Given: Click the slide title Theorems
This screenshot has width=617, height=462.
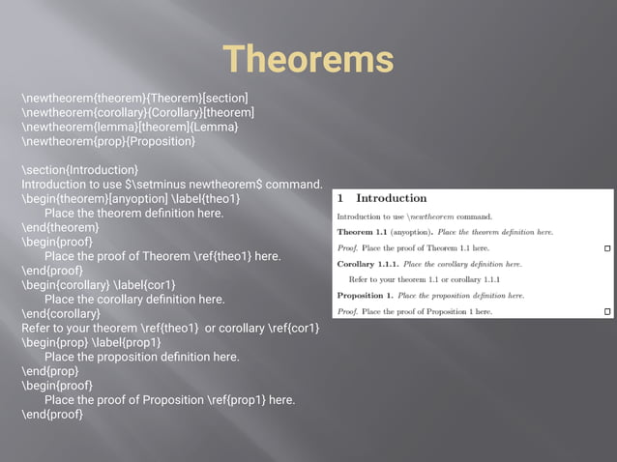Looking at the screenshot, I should [x=308, y=59].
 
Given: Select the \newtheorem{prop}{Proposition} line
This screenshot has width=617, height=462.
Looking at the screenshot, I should [x=108, y=141].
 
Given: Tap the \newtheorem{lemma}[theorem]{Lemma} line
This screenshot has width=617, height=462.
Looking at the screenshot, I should [x=130, y=127].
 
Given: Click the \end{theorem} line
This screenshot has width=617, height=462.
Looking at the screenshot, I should [x=60, y=227].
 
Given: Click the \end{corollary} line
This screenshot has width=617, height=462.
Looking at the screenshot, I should [x=61, y=313].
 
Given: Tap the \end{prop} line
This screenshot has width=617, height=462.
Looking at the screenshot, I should [x=50, y=371].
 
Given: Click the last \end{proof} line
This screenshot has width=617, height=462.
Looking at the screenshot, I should [x=52, y=415].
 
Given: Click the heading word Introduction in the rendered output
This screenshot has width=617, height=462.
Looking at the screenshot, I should [x=391, y=199].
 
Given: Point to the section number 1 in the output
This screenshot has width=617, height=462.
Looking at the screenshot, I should [x=339, y=199].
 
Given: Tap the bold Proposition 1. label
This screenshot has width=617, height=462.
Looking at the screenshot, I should [x=366, y=295].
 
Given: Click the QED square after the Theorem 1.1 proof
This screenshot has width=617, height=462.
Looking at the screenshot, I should [x=606, y=248].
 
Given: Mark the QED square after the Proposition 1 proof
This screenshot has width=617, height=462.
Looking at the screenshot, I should [x=606, y=311].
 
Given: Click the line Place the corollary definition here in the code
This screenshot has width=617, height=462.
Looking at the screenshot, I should [x=134, y=300].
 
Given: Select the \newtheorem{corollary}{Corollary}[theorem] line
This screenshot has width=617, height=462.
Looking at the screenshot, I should [x=138, y=112].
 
